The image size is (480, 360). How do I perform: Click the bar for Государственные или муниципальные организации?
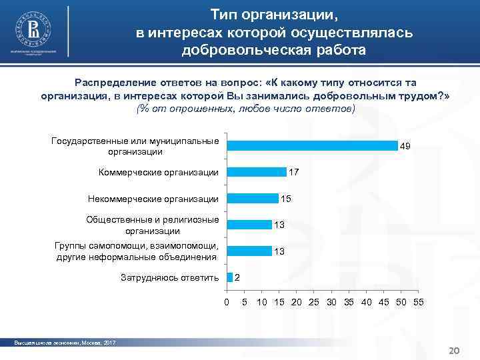tap(312, 146)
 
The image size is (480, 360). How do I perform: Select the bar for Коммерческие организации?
tap(257, 172)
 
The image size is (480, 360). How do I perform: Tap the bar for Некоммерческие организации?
tap(253, 198)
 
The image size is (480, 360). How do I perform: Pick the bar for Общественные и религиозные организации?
tap(249, 224)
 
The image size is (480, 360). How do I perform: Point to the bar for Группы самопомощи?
tap(249, 251)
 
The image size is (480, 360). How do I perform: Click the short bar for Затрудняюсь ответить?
tap(230, 277)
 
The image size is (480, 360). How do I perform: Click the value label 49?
tap(405, 146)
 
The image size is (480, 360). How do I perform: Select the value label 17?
tap(293, 172)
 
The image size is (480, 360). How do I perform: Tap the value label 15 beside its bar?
tap(286, 199)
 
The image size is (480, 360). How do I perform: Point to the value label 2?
tap(238, 277)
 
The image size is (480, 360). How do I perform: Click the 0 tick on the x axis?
tap(227, 303)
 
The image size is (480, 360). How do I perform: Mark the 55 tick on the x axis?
tap(418, 303)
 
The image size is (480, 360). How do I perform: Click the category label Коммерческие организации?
tap(158, 173)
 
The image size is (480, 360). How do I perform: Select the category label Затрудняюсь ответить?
tap(169, 277)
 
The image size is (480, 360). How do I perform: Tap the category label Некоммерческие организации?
tap(153, 199)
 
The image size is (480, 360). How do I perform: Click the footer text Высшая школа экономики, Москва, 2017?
tap(65, 343)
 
